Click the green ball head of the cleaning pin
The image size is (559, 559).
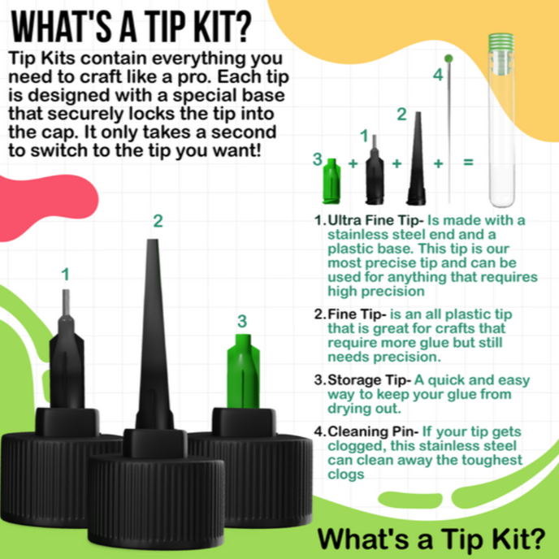click(448, 58)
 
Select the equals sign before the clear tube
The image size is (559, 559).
click(468, 162)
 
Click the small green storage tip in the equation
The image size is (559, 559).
click(331, 180)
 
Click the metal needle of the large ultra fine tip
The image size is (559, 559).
click(66, 303)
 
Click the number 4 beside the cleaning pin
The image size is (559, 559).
click(438, 75)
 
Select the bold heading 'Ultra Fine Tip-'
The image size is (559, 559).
click(375, 220)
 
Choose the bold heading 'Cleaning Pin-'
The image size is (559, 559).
click(373, 431)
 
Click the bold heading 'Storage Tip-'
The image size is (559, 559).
click(370, 380)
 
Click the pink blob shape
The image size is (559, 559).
click(44, 205)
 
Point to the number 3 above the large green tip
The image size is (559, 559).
click(242, 321)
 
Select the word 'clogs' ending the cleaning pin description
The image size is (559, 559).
click(346, 474)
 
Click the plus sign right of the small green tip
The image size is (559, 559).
click(353, 163)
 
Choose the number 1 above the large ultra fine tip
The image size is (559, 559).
click(65, 275)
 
